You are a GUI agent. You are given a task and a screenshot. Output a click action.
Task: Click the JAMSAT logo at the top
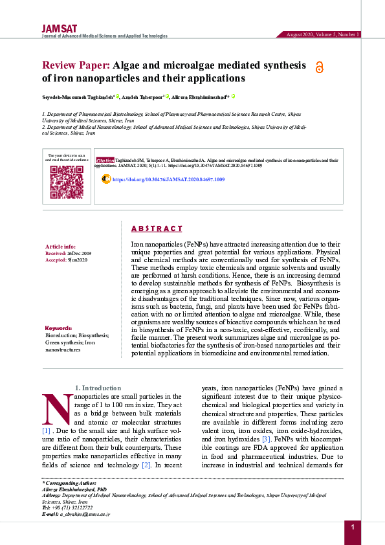60,28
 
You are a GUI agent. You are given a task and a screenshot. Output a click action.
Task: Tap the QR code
67,182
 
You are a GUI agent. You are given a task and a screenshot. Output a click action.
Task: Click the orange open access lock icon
318,67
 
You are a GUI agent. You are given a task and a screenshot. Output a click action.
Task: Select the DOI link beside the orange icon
168,179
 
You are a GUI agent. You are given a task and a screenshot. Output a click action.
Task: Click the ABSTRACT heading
157,228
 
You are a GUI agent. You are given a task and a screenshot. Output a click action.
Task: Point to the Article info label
60,247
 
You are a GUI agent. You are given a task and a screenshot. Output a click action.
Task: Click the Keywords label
59,329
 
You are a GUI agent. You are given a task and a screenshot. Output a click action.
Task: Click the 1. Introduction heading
98,388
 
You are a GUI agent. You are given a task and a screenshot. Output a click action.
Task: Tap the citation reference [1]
47,430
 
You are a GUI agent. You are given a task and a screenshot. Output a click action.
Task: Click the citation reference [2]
146,465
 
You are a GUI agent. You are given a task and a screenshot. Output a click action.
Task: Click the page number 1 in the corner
353,528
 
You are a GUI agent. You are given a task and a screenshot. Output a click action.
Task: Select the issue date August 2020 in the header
302,34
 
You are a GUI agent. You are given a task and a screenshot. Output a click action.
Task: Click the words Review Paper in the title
76,65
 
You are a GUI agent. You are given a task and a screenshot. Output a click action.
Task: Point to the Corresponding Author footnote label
69,484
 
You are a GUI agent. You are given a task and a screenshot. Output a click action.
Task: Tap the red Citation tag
105,159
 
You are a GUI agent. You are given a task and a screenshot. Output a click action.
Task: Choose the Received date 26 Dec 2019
78,252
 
